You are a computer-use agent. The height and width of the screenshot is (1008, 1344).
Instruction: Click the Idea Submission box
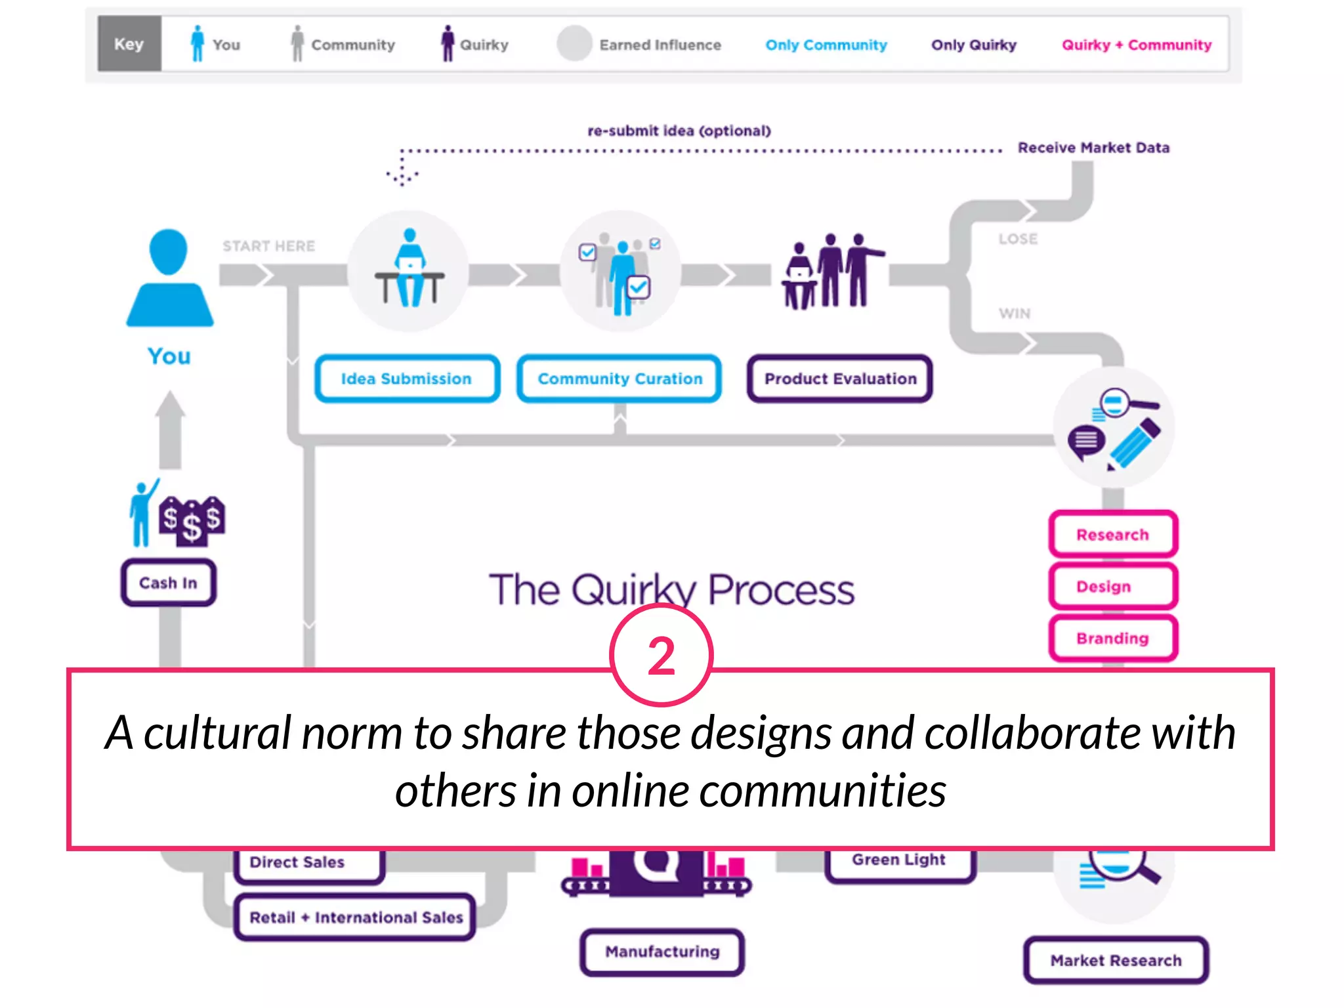pyautogui.click(x=407, y=379)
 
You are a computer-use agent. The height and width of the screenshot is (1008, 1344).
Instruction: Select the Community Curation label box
pyautogui.click(x=619, y=379)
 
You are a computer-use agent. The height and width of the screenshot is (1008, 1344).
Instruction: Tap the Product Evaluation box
pyautogui.click(x=839, y=379)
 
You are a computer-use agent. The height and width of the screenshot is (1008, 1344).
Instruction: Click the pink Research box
pyautogui.click(x=1112, y=535)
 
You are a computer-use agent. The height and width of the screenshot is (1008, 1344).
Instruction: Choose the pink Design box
pyautogui.click(x=1112, y=586)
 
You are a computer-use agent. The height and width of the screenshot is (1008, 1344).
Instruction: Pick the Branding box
pyautogui.click(x=1112, y=638)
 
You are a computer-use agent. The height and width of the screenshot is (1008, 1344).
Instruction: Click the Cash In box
pyautogui.click(x=168, y=583)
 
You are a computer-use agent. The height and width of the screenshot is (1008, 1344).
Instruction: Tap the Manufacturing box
pyautogui.click(x=661, y=952)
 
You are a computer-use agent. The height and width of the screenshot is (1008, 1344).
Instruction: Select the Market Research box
pyautogui.click(x=1116, y=960)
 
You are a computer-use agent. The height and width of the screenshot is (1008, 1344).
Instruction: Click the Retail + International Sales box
pyautogui.click(x=355, y=917)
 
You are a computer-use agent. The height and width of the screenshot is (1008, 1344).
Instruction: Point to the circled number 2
pyautogui.click(x=661, y=655)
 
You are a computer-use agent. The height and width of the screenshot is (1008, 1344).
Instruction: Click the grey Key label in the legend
pyautogui.click(x=129, y=44)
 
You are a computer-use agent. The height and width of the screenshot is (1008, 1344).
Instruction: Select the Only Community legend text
pyautogui.click(x=826, y=45)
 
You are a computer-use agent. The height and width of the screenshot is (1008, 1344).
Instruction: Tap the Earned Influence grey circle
pyautogui.click(x=574, y=43)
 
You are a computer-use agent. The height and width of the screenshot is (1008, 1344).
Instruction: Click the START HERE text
pyautogui.click(x=268, y=246)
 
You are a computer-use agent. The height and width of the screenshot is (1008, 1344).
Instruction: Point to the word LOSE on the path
pyautogui.click(x=1018, y=239)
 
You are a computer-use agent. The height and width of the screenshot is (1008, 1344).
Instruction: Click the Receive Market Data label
pyautogui.click(x=1093, y=148)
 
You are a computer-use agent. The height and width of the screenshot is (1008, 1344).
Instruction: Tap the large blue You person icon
pyautogui.click(x=169, y=279)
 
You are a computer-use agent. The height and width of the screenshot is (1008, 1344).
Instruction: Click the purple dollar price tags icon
pyautogui.click(x=192, y=520)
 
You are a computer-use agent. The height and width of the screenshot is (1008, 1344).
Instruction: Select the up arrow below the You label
pyautogui.click(x=171, y=430)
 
